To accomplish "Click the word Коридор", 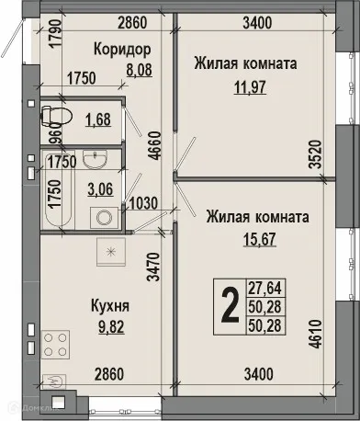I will pyautogui.click(x=122, y=48).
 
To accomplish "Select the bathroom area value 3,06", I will pyautogui.click(x=98, y=189).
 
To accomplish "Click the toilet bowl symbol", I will pyautogui.click(x=53, y=116).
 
